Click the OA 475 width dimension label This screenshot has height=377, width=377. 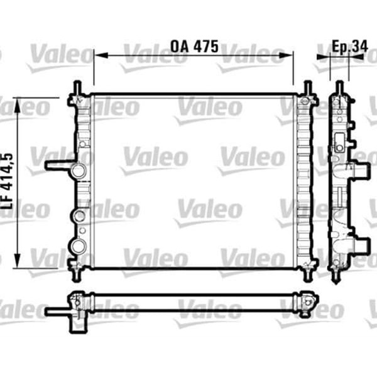coord(194,46)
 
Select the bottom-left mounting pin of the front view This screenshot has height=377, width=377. coord(77,275)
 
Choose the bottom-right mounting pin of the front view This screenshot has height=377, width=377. coord(307,275)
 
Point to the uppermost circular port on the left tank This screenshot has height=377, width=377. coord(79,171)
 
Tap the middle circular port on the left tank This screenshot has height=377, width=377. coord(79,217)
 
